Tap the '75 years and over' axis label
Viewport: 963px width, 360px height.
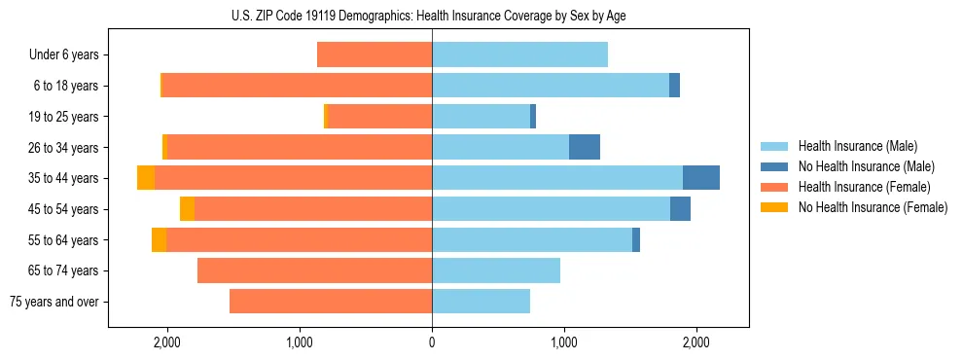tap(53, 302)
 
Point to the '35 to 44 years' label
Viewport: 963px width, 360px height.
tap(65, 178)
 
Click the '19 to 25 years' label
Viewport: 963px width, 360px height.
tap(65, 117)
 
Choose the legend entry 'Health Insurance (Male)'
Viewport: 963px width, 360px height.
tap(857, 146)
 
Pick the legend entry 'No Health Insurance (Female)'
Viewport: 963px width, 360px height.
tap(873, 207)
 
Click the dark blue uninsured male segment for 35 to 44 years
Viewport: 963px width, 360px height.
tap(701, 178)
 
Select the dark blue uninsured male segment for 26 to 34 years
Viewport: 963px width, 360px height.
tap(585, 147)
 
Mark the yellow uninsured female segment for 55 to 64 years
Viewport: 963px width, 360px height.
tap(159, 240)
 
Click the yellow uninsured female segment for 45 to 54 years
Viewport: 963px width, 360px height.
tap(187, 209)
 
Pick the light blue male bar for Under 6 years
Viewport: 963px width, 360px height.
tap(519, 55)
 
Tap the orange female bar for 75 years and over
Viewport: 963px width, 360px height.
tap(331, 302)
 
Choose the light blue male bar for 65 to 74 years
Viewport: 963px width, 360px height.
tap(496, 270)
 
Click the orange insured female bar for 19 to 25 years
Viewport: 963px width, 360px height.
tap(380, 117)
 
